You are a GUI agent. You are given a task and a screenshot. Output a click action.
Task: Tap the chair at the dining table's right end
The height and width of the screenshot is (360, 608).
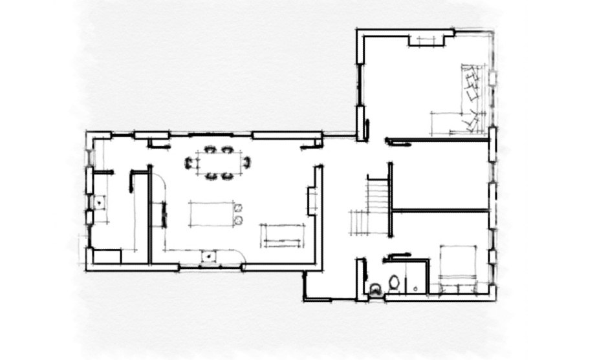pos(246,162)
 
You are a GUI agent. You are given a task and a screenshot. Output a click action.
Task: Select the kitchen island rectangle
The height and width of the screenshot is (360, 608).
pos(212,214)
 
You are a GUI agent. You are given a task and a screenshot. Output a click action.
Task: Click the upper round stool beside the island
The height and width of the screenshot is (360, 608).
pos(238,208)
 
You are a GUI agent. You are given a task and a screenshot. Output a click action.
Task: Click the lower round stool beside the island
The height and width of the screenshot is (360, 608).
pos(238,221)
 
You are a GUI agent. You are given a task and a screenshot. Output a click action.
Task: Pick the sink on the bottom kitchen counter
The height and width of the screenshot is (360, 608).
pos(209,257)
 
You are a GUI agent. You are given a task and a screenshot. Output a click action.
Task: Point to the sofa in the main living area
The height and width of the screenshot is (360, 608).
pos(282,235)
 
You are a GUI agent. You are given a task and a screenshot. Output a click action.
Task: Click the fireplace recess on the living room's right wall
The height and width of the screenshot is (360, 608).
pos(311,200)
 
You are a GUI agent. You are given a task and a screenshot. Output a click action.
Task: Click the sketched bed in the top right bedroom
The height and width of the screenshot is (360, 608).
pos(466,100)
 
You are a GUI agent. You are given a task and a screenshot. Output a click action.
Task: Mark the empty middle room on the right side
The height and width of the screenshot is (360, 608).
pos(440,175)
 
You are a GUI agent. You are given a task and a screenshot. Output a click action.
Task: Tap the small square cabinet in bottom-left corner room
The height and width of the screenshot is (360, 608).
pos(107,256)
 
